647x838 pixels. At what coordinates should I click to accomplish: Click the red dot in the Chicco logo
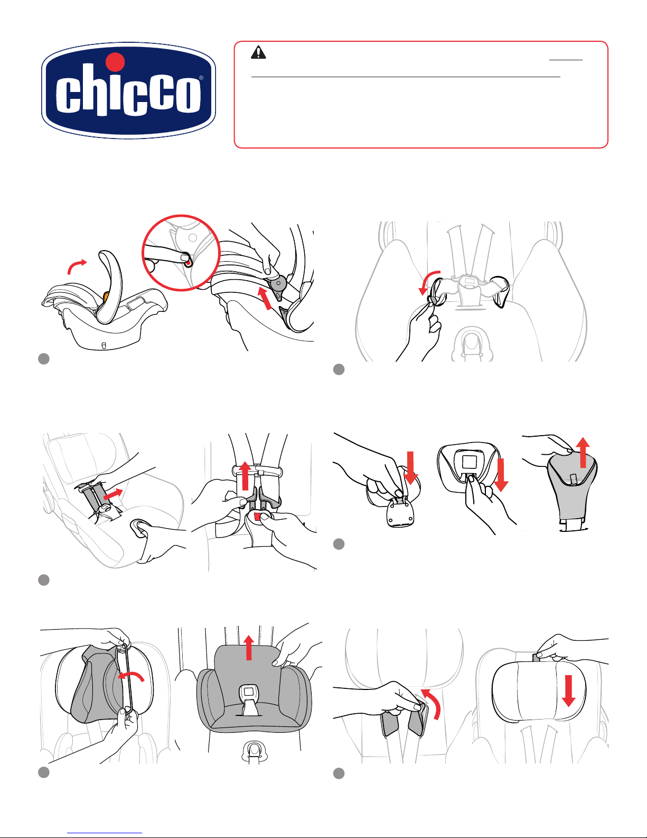[115, 62]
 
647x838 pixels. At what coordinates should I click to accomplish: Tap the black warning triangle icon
[258, 52]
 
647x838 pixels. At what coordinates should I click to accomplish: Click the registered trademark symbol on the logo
[201, 78]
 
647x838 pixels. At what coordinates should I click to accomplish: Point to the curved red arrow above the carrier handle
[77, 266]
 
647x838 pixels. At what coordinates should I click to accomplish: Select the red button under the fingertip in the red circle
[187, 263]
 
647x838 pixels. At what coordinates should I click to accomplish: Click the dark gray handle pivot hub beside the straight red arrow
[278, 284]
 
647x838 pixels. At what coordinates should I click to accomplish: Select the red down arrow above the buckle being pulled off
[410, 468]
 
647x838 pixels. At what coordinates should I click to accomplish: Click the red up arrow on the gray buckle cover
[584, 453]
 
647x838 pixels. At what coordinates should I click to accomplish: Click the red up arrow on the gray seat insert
[249, 648]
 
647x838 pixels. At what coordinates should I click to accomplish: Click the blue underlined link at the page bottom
[105, 833]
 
